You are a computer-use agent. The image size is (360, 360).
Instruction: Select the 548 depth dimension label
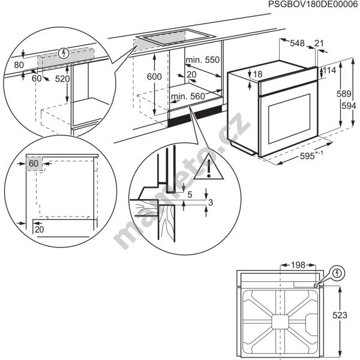point(297,43)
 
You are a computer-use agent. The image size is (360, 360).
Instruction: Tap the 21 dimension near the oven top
point(319,43)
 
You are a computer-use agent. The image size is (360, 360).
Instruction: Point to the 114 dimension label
point(329,71)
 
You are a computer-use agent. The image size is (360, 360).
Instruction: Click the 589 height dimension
point(343,94)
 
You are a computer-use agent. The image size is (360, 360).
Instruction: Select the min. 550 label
point(203,60)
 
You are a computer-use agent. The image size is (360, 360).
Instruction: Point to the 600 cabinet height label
point(154,77)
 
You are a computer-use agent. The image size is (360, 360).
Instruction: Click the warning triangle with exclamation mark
point(210,167)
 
